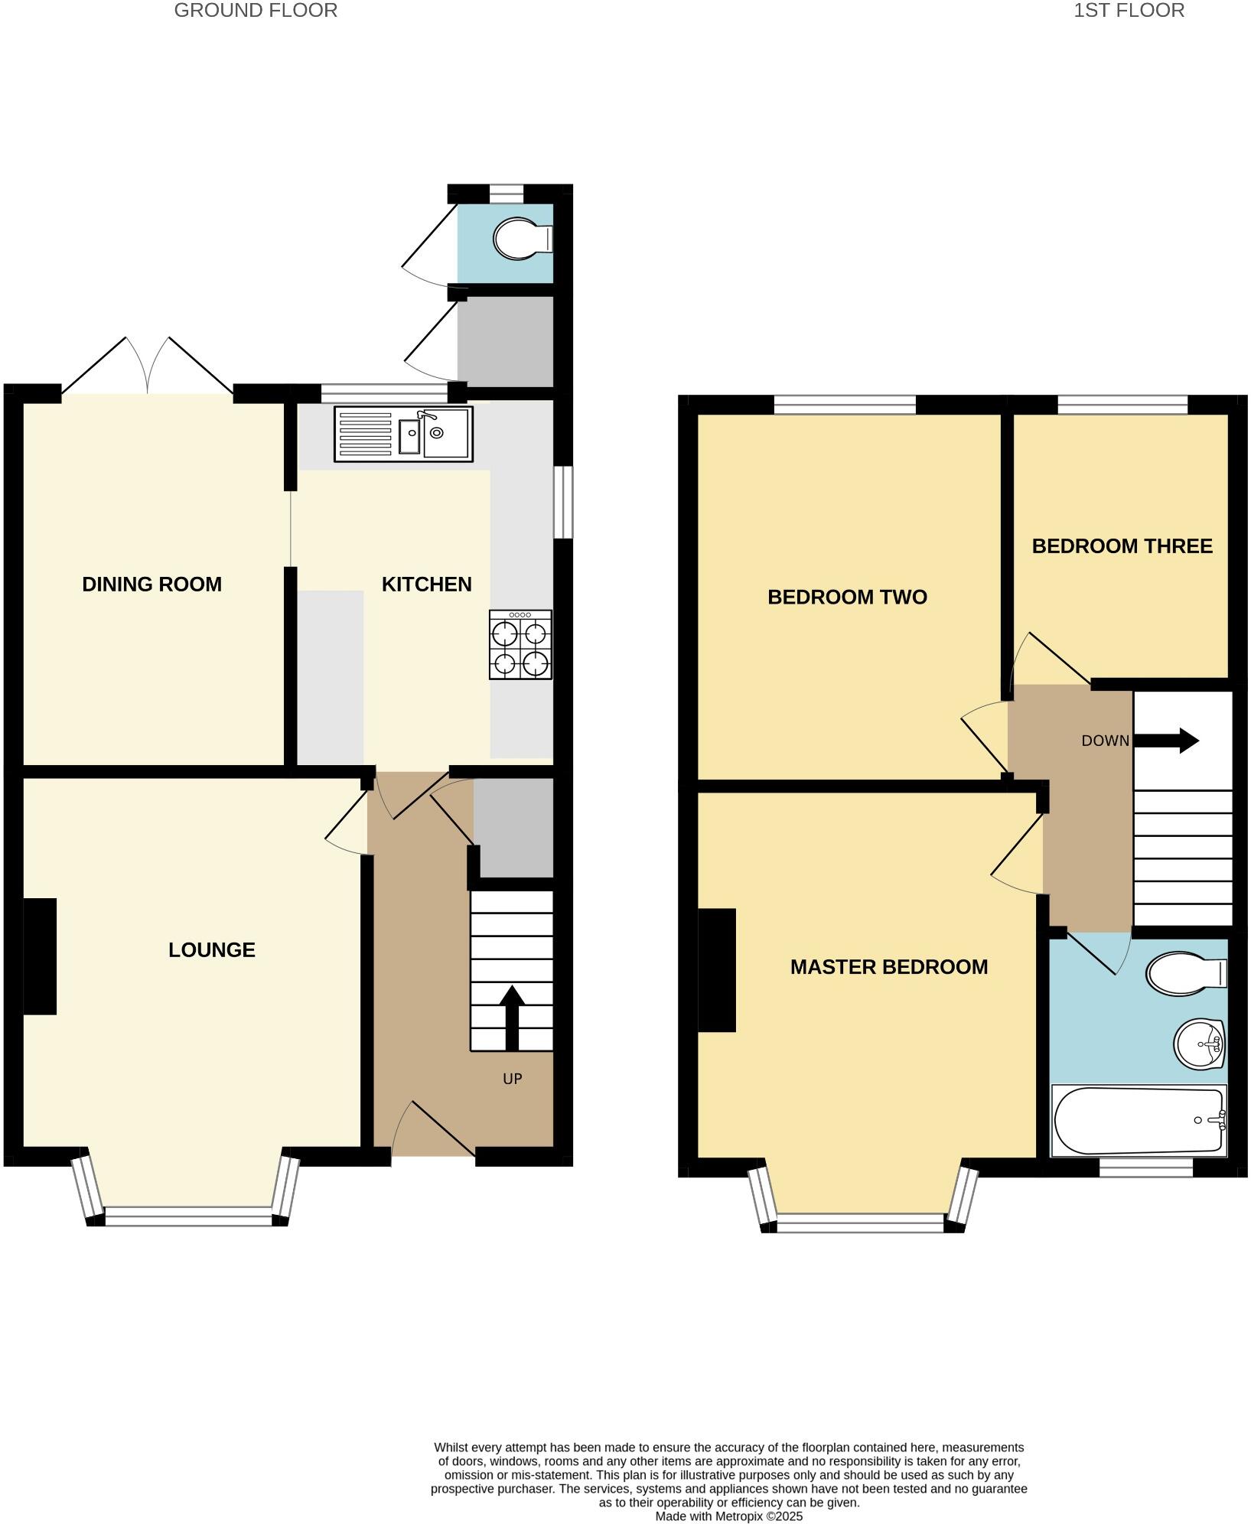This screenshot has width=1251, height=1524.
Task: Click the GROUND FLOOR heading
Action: coord(256,11)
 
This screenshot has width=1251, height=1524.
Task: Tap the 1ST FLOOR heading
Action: coord(1129,11)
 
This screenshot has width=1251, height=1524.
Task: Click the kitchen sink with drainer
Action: coord(403,434)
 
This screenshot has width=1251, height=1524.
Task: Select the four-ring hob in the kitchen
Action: coord(520,645)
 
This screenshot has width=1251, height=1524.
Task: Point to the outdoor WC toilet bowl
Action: coord(520,239)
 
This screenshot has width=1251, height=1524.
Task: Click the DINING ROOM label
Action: coord(151,585)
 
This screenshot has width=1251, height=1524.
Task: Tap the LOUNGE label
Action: coord(212,950)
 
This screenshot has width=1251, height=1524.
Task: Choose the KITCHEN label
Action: coord(426,585)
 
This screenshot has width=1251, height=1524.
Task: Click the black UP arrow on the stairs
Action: coord(512,1017)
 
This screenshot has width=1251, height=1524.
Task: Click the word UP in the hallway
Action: coord(512,1079)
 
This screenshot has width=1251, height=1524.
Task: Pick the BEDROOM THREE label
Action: coord(1122,546)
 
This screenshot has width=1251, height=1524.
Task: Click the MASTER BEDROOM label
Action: coord(888,967)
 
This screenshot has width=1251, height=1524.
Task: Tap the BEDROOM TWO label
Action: coord(847,597)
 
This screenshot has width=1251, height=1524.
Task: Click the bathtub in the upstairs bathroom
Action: coord(1138,1120)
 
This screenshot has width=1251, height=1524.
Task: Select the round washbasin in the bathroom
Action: coord(1199,1044)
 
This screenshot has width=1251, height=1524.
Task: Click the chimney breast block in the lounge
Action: coord(40,956)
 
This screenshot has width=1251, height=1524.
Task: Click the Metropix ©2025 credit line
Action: coord(728,1516)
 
